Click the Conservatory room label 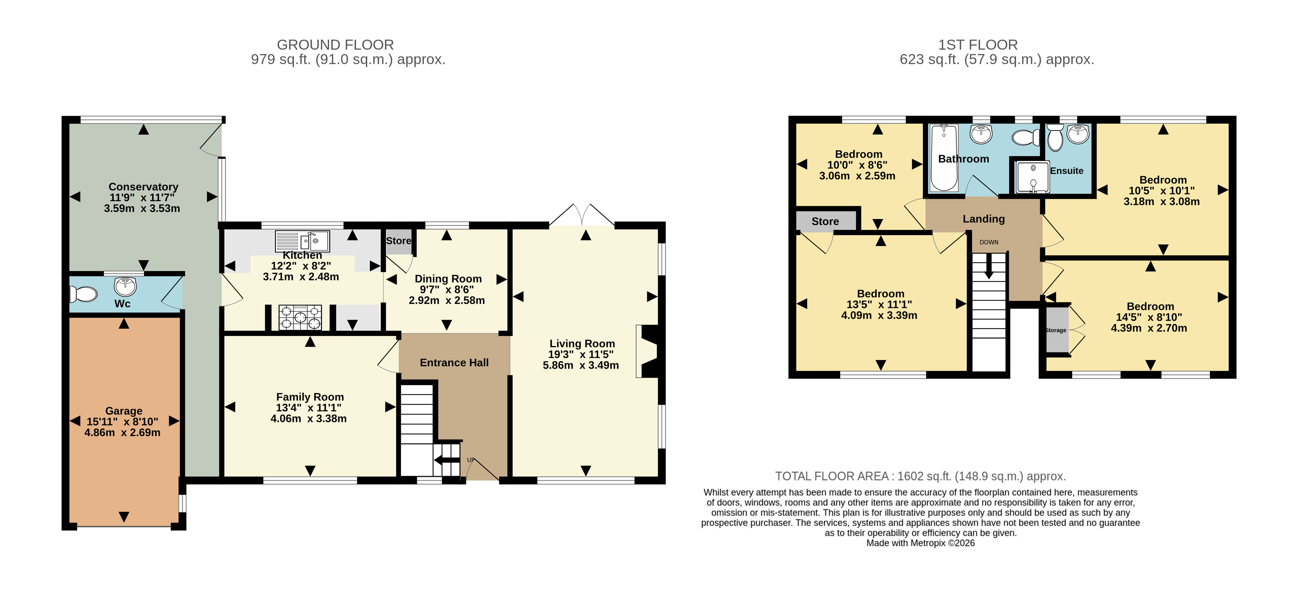pos(144,187)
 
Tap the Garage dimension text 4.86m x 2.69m pos(123,432)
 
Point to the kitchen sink pos(302,241)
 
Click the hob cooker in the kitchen pos(300,317)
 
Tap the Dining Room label pos(448,279)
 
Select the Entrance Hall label pos(454,363)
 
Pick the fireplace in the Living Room pos(648,351)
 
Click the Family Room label pos(310,397)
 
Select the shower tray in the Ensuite pos(1033,177)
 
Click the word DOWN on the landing pos(989,242)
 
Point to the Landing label pos(983,219)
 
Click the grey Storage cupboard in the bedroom pos(1057,330)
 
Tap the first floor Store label pos(825,221)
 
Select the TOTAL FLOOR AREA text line pos(920,476)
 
